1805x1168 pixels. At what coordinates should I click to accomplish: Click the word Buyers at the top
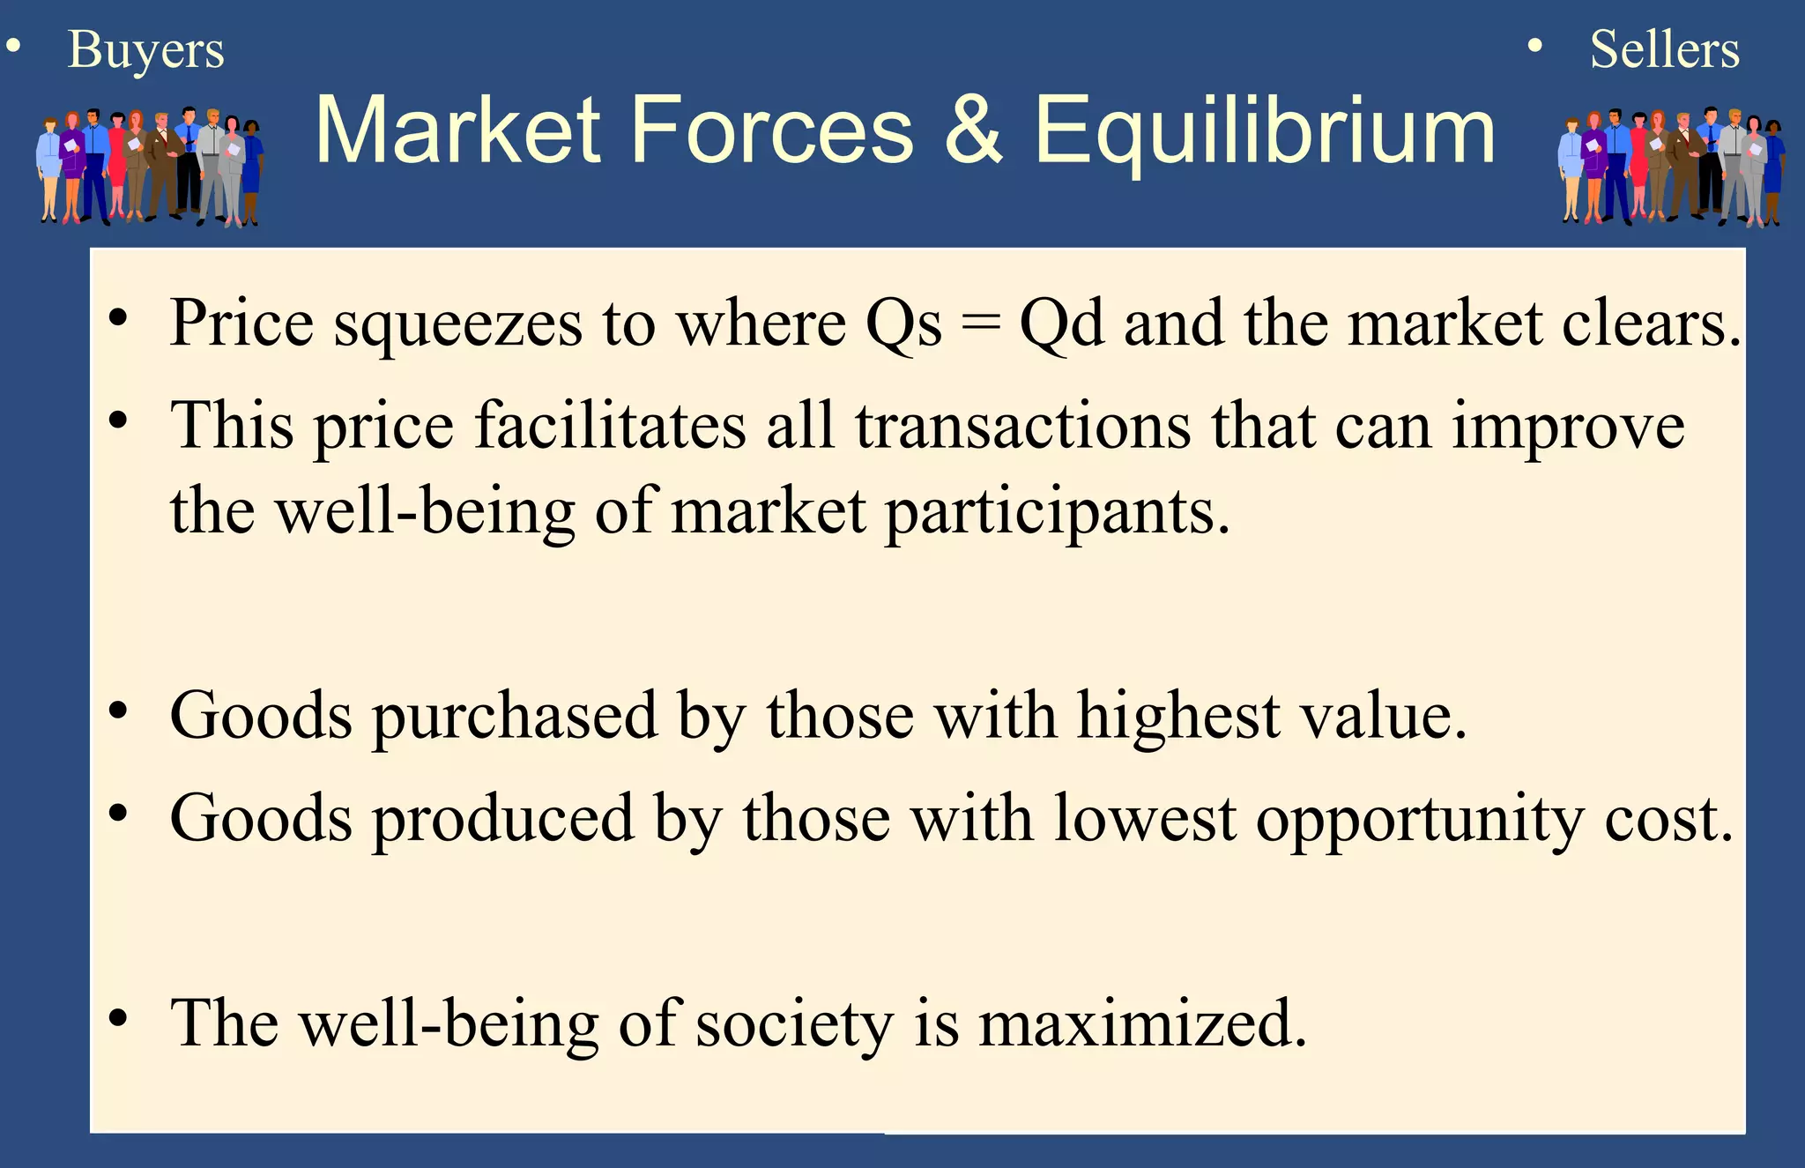click(145, 50)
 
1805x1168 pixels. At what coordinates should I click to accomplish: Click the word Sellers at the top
click(1664, 49)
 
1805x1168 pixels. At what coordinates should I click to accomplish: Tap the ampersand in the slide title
click(974, 130)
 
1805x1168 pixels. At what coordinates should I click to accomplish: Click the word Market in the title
click(457, 130)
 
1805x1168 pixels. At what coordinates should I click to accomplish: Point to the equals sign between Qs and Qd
click(981, 324)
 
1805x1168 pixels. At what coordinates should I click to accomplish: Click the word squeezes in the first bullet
click(457, 324)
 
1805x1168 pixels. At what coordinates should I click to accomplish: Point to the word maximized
click(1142, 1023)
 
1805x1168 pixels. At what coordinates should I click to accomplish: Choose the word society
click(794, 1025)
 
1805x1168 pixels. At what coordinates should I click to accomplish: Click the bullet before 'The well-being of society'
click(118, 1018)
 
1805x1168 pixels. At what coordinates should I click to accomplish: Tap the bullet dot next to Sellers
click(1534, 46)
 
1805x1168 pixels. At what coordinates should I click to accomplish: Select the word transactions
click(1022, 427)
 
